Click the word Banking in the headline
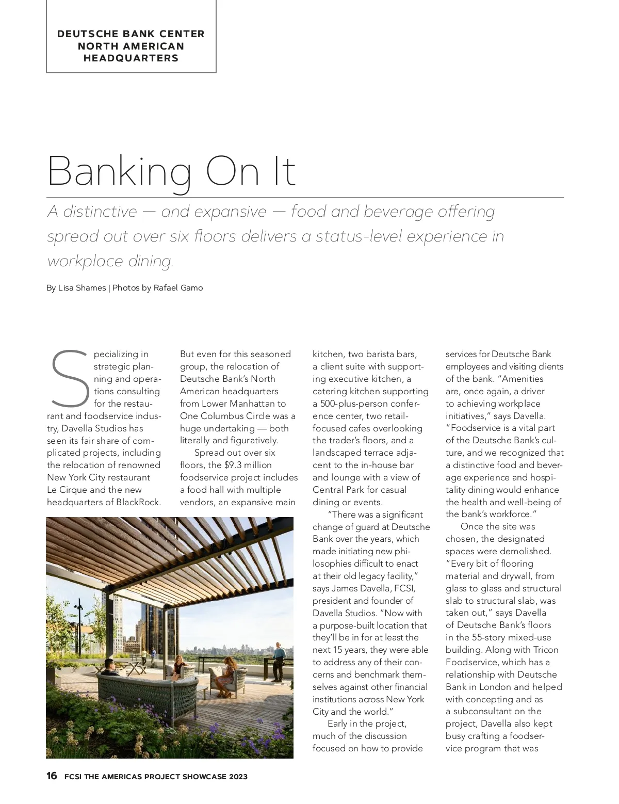tap(119, 172)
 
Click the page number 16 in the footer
tap(52, 776)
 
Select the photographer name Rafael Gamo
tap(178, 288)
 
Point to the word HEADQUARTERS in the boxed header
tap(131, 58)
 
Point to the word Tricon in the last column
tap(545, 650)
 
